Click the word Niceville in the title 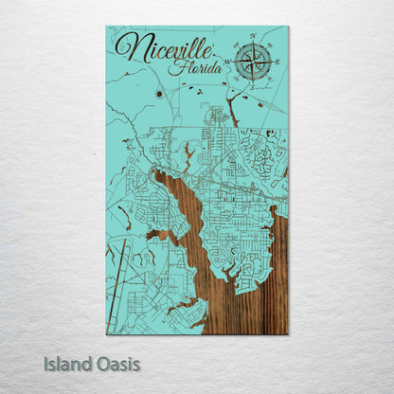pos(163,49)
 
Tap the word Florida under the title pos(196,69)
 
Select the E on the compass pos(276,63)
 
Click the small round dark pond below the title pos(160,95)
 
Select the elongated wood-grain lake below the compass pos(230,110)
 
